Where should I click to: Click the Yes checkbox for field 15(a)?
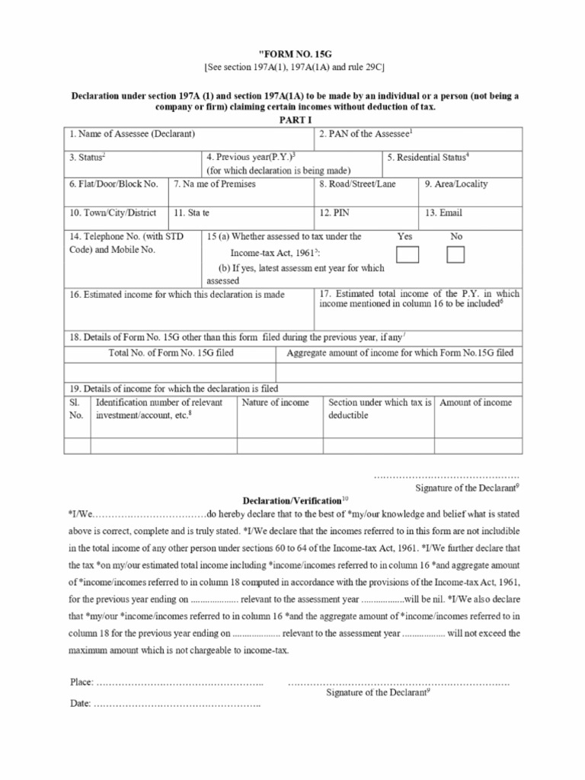coord(408,254)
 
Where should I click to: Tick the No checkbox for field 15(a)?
coord(456,254)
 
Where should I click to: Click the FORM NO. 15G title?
coord(292,53)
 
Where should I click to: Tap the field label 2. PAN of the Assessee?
coord(366,134)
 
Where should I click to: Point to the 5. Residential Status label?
coord(427,157)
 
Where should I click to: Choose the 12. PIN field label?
coord(335,213)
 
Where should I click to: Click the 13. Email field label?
coord(443,213)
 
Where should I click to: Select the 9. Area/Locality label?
coord(456,184)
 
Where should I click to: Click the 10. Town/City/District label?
coord(113,213)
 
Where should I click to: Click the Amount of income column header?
coord(475,402)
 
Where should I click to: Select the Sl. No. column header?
coord(76,408)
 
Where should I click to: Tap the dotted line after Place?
coord(180,682)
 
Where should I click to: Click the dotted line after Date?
coord(177,704)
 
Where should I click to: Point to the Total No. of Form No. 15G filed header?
coord(171,353)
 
